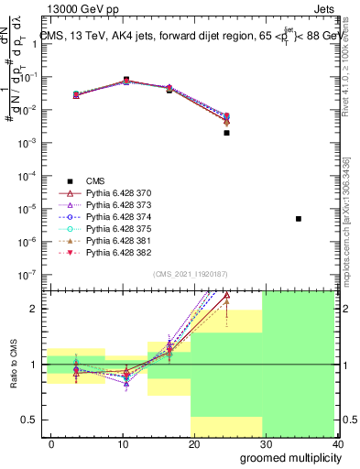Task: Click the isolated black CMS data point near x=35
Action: [x=299, y=218]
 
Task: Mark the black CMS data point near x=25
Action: [x=226, y=133]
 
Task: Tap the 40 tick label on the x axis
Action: [x=338, y=445]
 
